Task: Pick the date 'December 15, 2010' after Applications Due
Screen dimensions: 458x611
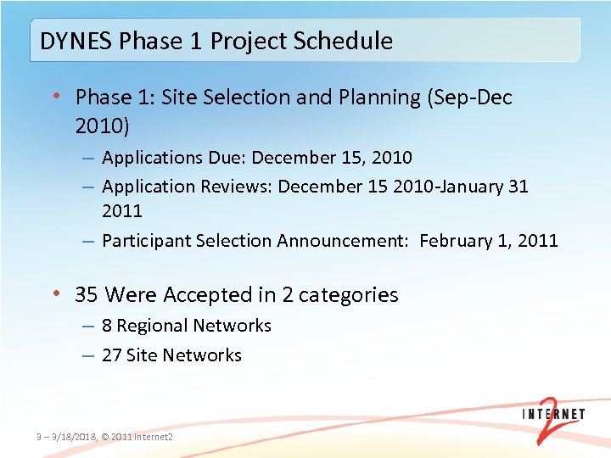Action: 332,158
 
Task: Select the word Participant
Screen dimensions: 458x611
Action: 146,241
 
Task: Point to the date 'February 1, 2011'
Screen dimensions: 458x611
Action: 489,241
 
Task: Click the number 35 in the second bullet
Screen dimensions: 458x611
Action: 87,295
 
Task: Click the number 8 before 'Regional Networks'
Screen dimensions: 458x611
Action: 107,326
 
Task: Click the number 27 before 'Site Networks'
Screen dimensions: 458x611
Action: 111,355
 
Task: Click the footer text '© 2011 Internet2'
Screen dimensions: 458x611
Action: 137,437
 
